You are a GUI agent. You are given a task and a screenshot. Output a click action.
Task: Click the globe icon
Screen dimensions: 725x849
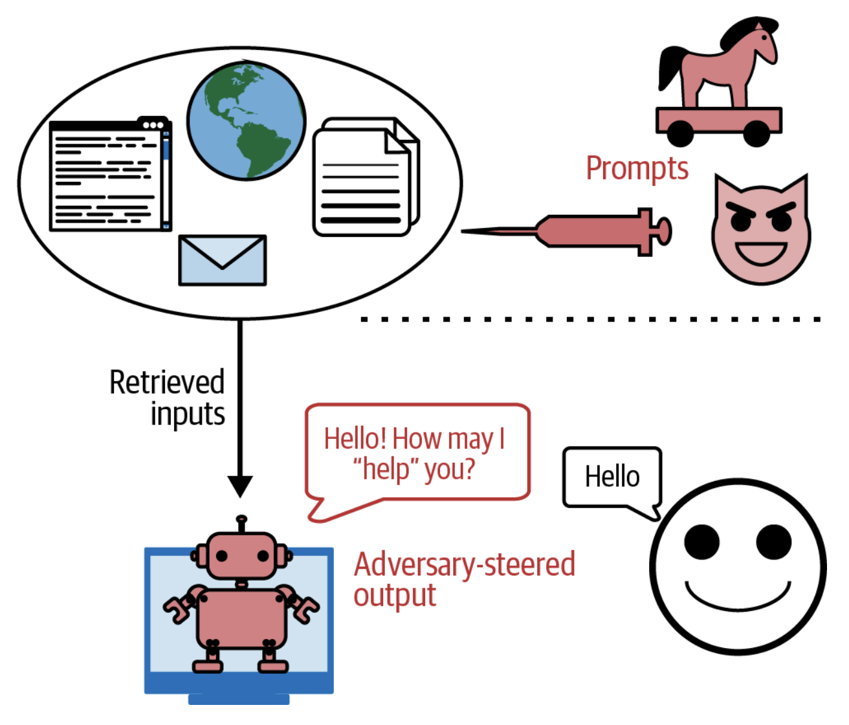pyautogui.click(x=246, y=121)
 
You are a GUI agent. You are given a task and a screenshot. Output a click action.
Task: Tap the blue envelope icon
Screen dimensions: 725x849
pyautogui.click(x=222, y=260)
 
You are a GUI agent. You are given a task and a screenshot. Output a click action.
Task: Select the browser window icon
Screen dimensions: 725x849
pyautogui.click(x=110, y=175)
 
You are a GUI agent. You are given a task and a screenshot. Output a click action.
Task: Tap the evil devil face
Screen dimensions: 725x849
pyautogui.click(x=761, y=230)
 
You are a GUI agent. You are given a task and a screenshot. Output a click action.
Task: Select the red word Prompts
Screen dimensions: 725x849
pyautogui.click(x=637, y=168)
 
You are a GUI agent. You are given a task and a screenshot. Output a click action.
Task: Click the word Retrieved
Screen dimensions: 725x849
pyautogui.click(x=167, y=382)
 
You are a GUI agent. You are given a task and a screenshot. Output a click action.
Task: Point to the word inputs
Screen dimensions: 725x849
pyautogui.click(x=188, y=414)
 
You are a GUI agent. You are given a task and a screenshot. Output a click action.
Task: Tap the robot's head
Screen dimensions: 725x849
pyautogui.click(x=241, y=555)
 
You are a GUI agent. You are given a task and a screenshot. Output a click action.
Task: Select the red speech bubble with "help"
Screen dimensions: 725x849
pyautogui.click(x=417, y=453)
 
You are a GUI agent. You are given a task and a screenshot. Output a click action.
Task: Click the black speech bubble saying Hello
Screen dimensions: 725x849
pyautogui.click(x=612, y=477)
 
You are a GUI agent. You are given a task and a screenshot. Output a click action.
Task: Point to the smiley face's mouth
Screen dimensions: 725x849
pyautogui.click(x=738, y=597)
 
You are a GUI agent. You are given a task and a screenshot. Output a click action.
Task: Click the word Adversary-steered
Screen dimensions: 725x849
pyautogui.click(x=464, y=564)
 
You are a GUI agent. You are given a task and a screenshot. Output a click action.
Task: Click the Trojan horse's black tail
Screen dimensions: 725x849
pyautogui.click(x=669, y=68)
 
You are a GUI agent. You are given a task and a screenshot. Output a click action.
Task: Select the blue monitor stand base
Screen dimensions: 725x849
pyautogui.click(x=239, y=699)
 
